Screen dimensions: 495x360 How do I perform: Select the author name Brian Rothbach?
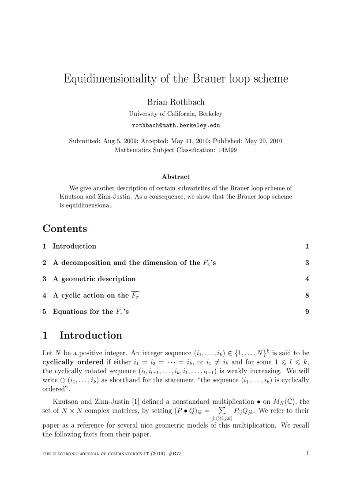(x=176, y=102)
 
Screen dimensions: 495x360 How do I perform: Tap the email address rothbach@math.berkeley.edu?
(x=176, y=126)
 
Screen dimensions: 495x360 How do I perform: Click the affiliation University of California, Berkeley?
(x=176, y=114)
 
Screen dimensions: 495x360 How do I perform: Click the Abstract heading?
(x=176, y=177)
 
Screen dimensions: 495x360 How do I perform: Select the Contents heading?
(x=65, y=229)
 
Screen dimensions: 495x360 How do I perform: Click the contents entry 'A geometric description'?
(x=94, y=279)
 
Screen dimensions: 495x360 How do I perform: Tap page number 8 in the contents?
(x=307, y=295)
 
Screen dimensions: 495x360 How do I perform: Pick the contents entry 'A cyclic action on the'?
(x=90, y=295)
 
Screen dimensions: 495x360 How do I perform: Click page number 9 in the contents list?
(x=307, y=312)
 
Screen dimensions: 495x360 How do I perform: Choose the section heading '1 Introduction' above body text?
(x=82, y=335)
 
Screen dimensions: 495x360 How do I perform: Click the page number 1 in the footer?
(x=307, y=453)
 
